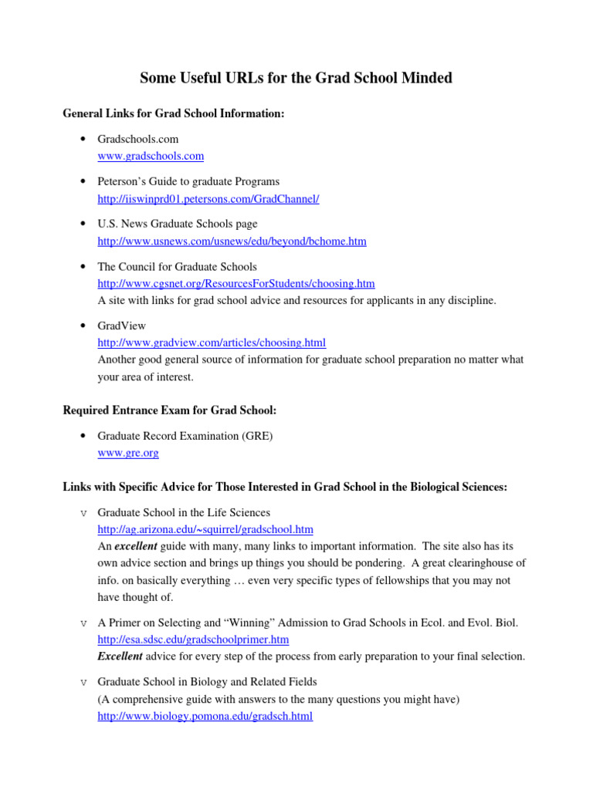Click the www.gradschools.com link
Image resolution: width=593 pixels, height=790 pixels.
click(x=151, y=156)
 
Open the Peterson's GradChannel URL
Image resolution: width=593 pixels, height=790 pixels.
click(x=208, y=199)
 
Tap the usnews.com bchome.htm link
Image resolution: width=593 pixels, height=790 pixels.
click(x=232, y=241)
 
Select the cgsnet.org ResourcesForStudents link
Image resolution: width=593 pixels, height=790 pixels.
click(x=236, y=284)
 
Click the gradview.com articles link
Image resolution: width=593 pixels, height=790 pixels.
click(x=212, y=342)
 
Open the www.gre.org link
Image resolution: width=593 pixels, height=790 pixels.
click(x=128, y=453)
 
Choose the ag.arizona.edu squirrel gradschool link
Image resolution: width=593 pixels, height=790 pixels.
click(x=205, y=529)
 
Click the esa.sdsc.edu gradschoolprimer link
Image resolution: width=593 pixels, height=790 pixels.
click(x=193, y=640)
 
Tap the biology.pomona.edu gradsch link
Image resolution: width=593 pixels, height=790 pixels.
click(x=205, y=716)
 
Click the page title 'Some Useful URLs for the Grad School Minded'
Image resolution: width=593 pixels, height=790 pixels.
click(x=296, y=78)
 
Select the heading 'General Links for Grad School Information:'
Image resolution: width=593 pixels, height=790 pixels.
click(x=174, y=113)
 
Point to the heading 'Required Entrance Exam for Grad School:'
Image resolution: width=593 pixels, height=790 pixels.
click(x=171, y=410)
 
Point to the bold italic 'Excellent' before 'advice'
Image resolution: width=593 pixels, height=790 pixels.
click(x=120, y=657)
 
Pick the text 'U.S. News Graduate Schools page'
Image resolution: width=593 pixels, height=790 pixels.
click(x=177, y=224)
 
